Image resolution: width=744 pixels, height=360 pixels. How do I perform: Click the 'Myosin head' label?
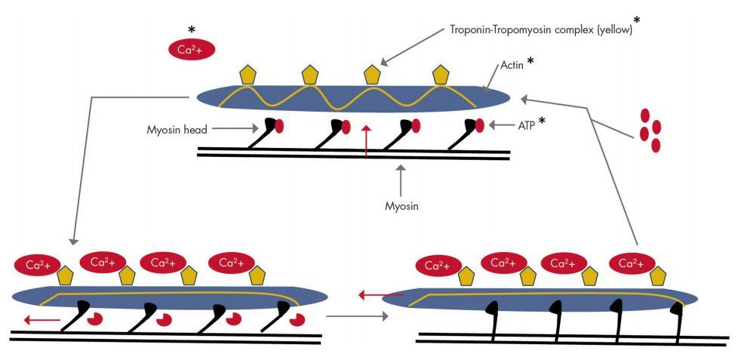(x=177, y=130)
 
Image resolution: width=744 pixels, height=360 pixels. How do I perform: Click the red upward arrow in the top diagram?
(x=367, y=142)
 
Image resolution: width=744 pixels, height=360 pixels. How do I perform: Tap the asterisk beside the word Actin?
(x=532, y=61)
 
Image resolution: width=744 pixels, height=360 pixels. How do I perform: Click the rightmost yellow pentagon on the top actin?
(x=441, y=75)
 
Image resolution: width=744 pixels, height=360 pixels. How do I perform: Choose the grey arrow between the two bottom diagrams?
(x=362, y=315)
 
